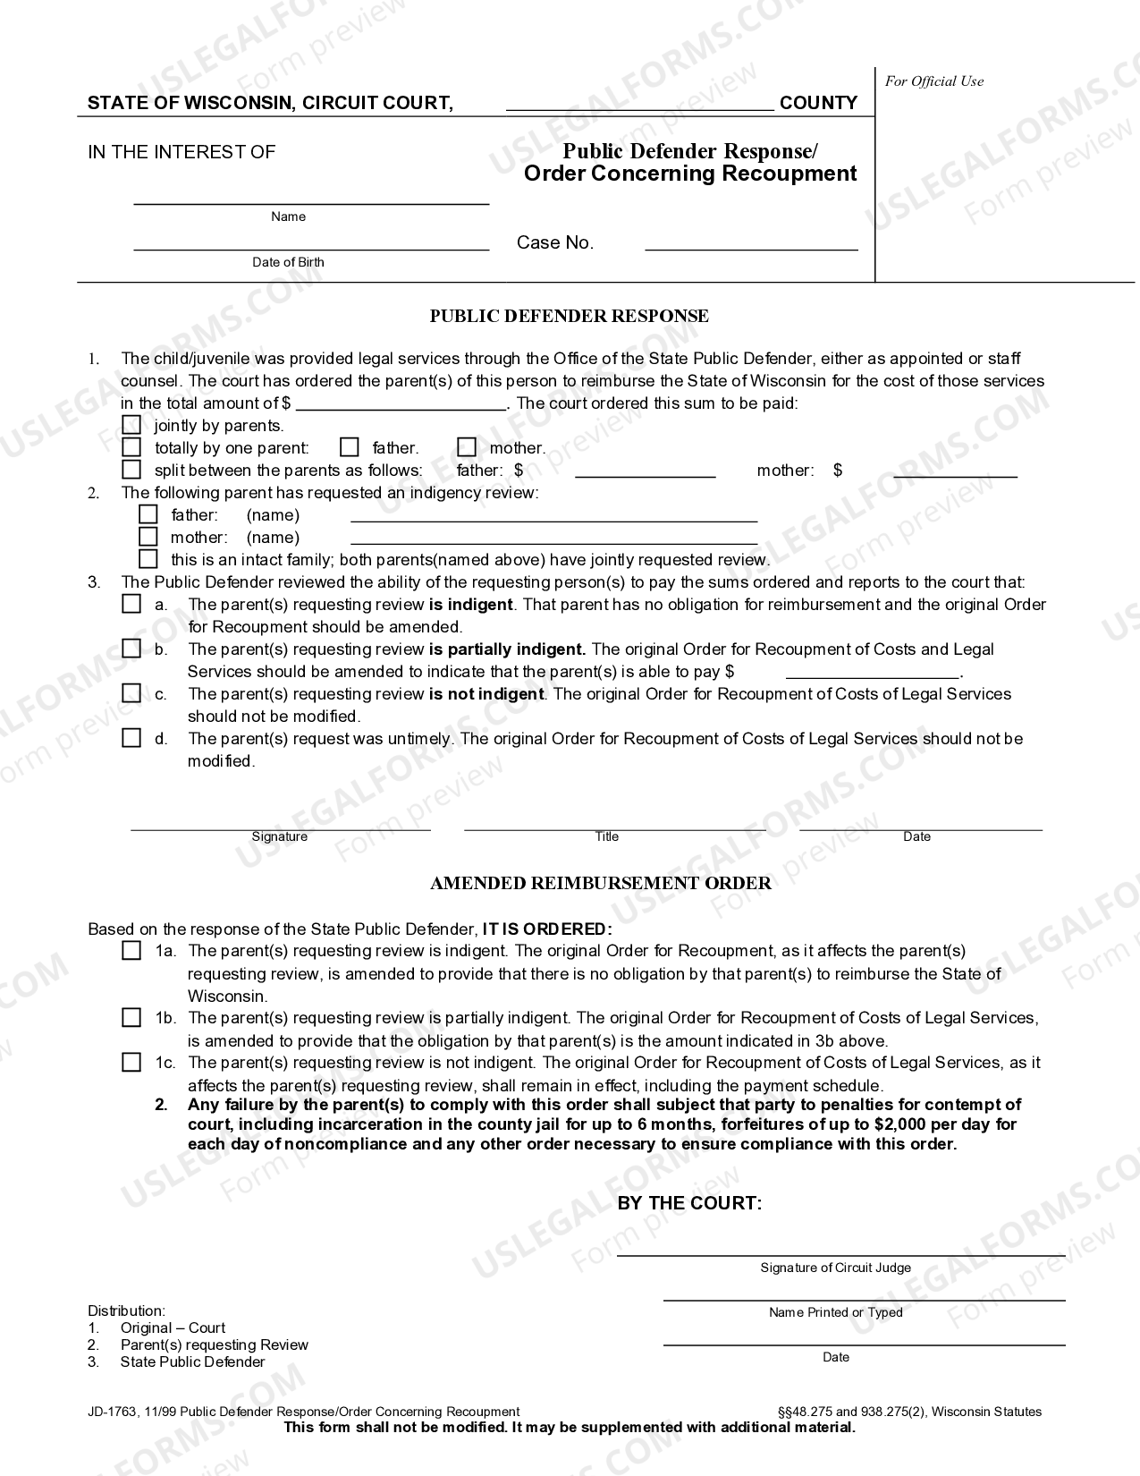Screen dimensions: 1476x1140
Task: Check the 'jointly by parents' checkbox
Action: pos(131,425)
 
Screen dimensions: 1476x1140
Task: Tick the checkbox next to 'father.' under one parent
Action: pos(350,447)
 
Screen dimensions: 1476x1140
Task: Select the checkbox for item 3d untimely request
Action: pos(131,738)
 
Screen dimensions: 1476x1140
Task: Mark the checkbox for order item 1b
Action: pos(131,1017)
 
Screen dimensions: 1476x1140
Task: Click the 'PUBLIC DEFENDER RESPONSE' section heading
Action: pos(569,316)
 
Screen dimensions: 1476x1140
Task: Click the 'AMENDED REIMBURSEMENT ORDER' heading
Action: pos(600,883)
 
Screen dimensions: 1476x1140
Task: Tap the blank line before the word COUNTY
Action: pos(639,103)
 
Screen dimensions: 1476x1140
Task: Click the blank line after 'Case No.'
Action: pos(751,243)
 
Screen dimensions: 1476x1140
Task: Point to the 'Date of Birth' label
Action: pos(288,262)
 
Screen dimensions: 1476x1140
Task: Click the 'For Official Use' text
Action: pos(933,81)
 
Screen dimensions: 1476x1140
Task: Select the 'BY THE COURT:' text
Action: pos(689,1203)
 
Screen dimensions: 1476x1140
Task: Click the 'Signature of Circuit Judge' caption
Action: pos(835,1268)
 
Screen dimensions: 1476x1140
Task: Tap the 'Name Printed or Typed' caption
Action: pos(835,1312)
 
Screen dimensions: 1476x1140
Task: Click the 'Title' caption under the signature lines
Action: pos(606,836)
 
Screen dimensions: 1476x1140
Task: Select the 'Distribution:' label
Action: pos(126,1311)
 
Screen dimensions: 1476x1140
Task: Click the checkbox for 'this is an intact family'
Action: pos(148,559)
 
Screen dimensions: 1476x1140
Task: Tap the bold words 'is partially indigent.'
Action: pos(507,649)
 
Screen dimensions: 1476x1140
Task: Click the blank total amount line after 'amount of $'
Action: pos(401,403)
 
